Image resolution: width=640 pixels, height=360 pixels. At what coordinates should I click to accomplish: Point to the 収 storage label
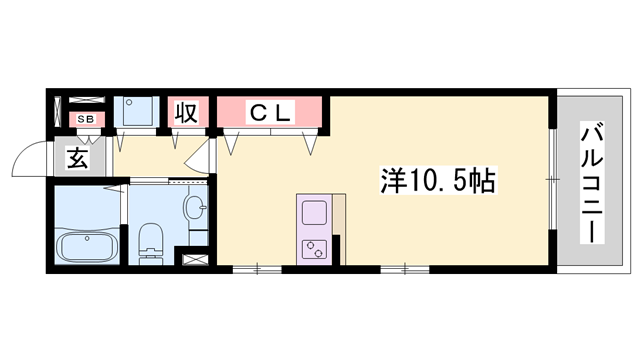coord(186,111)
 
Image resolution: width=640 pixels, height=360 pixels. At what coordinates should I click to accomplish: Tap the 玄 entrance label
coord(79,157)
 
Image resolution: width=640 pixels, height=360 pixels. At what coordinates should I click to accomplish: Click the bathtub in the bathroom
coord(87,245)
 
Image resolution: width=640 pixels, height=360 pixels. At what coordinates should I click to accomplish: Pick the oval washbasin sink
coord(194,209)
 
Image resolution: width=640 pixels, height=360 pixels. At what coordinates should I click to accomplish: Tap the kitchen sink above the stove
coord(314,213)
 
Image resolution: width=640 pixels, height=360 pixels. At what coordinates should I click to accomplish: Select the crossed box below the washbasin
coord(193,257)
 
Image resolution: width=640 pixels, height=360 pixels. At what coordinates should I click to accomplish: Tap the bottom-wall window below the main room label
coord(405,268)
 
